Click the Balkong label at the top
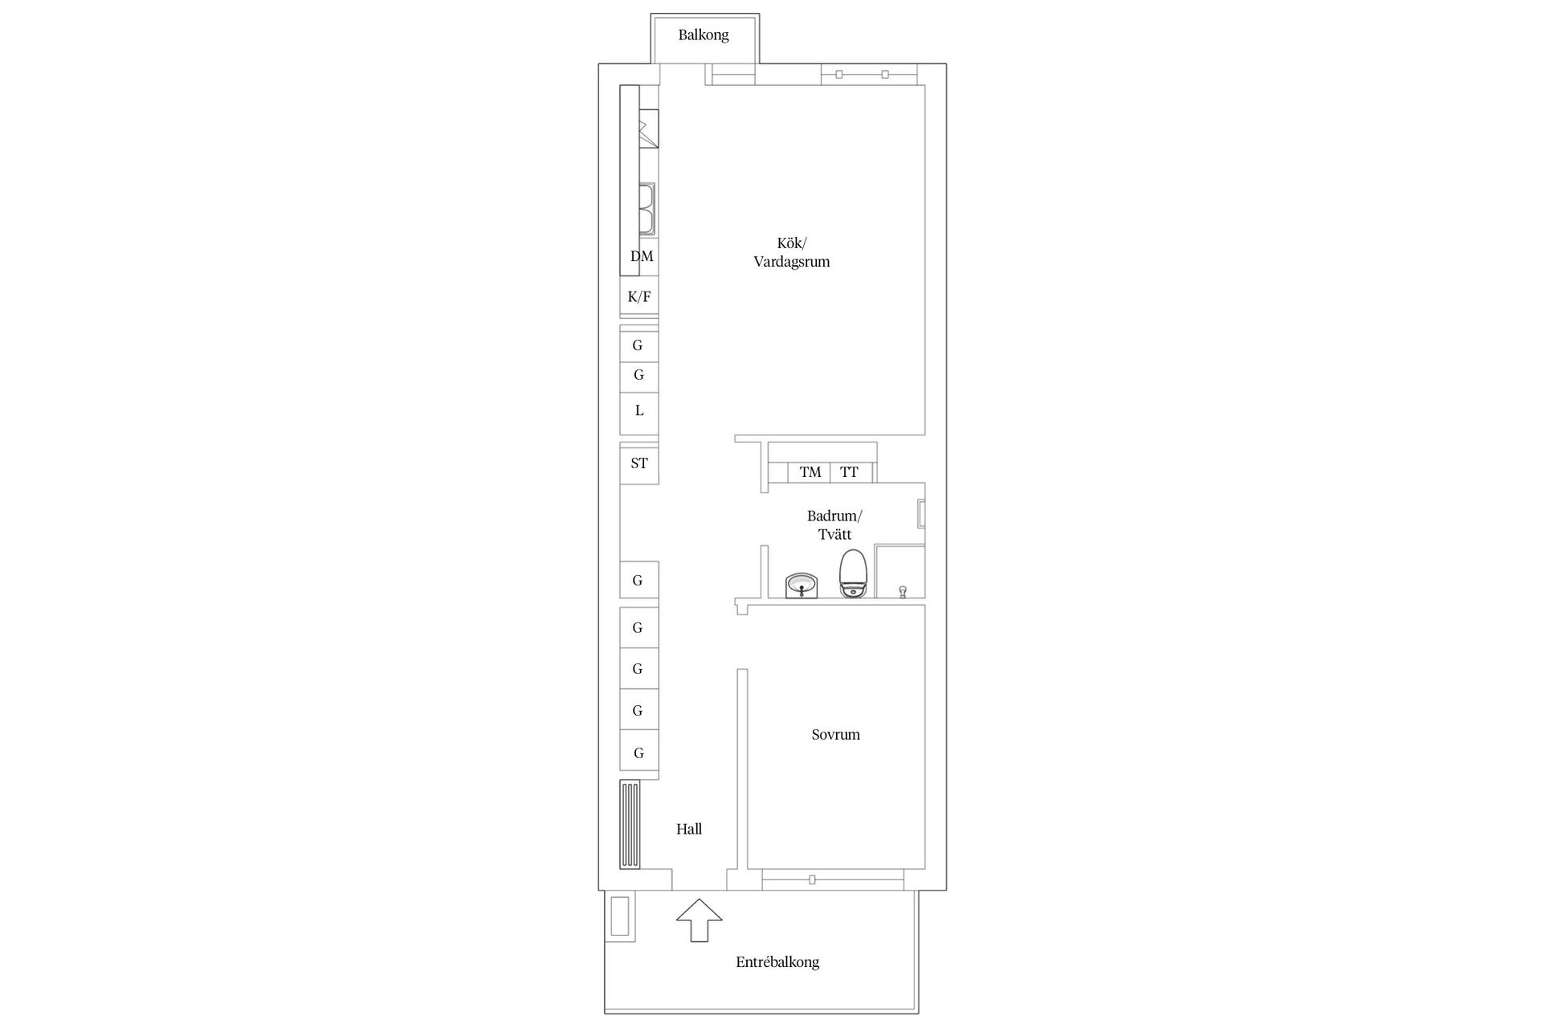click(x=704, y=35)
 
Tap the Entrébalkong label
click(x=777, y=962)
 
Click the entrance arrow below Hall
click(x=699, y=920)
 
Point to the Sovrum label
click(x=835, y=734)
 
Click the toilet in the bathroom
click(x=852, y=573)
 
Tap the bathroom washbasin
click(x=801, y=585)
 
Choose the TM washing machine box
click(x=810, y=472)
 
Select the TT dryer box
click(x=851, y=472)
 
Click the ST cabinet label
click(x=639, y=463)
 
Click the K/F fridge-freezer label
click(x=639, y=297)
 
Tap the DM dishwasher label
click(x=642, y=257)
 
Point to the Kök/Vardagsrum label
click(x=792, y=252)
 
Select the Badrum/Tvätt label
click(x=834, y=525)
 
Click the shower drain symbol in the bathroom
click(x=904, y=592)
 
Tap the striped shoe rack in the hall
click(x=630, y=825)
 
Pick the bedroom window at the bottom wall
click(x=832, y=879)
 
